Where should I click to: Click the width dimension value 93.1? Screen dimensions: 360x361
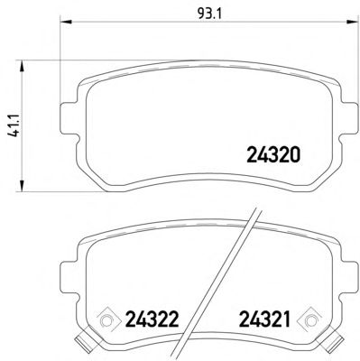[209, 14]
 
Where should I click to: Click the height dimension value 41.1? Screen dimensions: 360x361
[14, 125]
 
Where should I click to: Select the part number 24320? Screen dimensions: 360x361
[273, 155]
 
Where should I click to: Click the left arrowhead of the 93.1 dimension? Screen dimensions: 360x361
[66, 22]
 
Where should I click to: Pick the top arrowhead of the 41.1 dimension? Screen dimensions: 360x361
[22, 66]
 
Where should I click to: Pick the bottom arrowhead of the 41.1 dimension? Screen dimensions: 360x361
[22, 186]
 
